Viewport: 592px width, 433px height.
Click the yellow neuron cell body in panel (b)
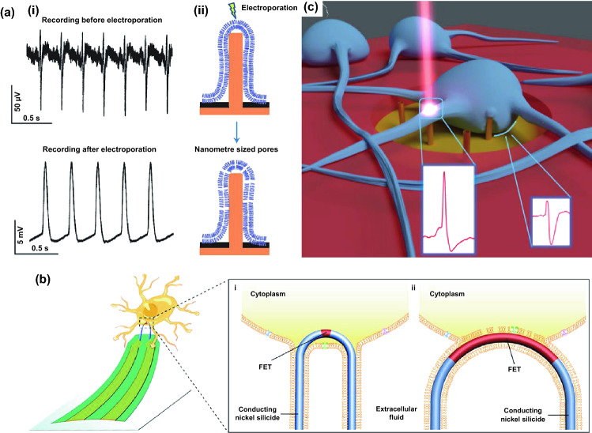(x=160, y=304)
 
